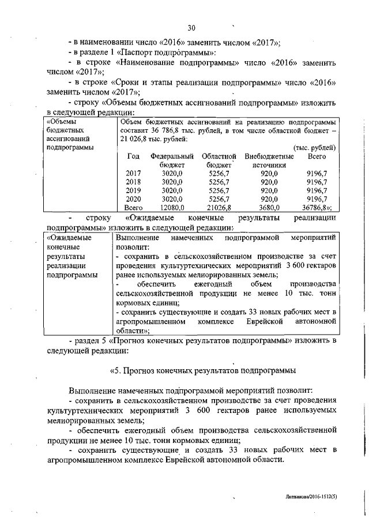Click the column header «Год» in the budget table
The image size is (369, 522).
[133, 156]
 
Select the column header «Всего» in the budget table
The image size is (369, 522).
[317, 156]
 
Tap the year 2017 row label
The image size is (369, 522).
[133, 173]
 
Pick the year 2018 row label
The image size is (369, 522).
[133, 182]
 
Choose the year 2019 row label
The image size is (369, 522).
[133, 190]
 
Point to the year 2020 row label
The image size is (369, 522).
[133, 199]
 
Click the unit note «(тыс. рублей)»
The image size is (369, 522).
[315, 148]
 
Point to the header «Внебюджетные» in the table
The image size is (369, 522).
[269, 156]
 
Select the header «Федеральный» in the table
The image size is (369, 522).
[172, 156]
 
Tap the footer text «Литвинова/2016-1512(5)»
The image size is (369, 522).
[311, 497]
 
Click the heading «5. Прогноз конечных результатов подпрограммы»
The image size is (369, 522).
[202, 369]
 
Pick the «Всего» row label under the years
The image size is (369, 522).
[133, 208]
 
